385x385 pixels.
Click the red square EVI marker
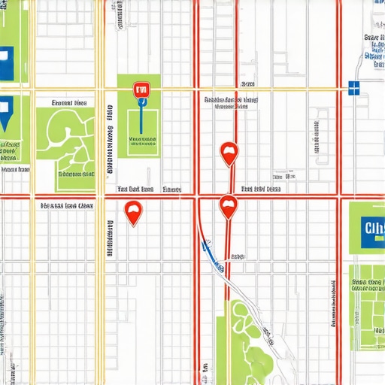[141, 90]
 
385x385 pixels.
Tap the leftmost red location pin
[133, 212]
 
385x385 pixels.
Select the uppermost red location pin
[228, 153]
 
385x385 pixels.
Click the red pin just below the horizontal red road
[228, 205]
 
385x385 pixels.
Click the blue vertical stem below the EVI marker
[140, 120]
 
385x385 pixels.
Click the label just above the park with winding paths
[68, 103]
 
